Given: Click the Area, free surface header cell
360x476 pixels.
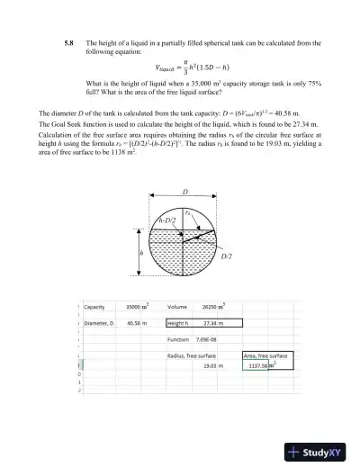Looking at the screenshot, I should point(266,355).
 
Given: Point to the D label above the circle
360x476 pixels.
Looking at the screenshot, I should point(185,193).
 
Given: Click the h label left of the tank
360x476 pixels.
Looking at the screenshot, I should point(141,254).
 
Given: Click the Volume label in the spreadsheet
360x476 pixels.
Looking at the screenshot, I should point(177,307).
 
